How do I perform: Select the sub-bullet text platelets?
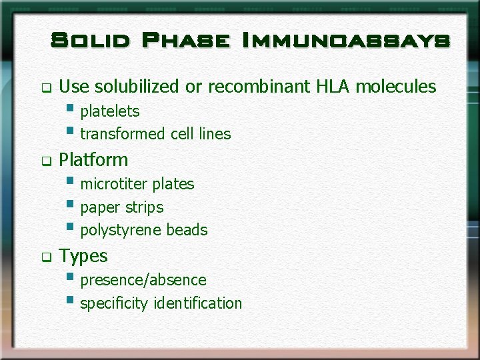tap(110, 111)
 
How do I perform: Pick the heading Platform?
tap(93, 160)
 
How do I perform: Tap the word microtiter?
tap(114, 184)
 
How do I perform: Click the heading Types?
tap(83, 256)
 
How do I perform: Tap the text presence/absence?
tap(143, 280)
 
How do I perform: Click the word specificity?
tap(114, 303)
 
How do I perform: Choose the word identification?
tap(197, 303)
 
